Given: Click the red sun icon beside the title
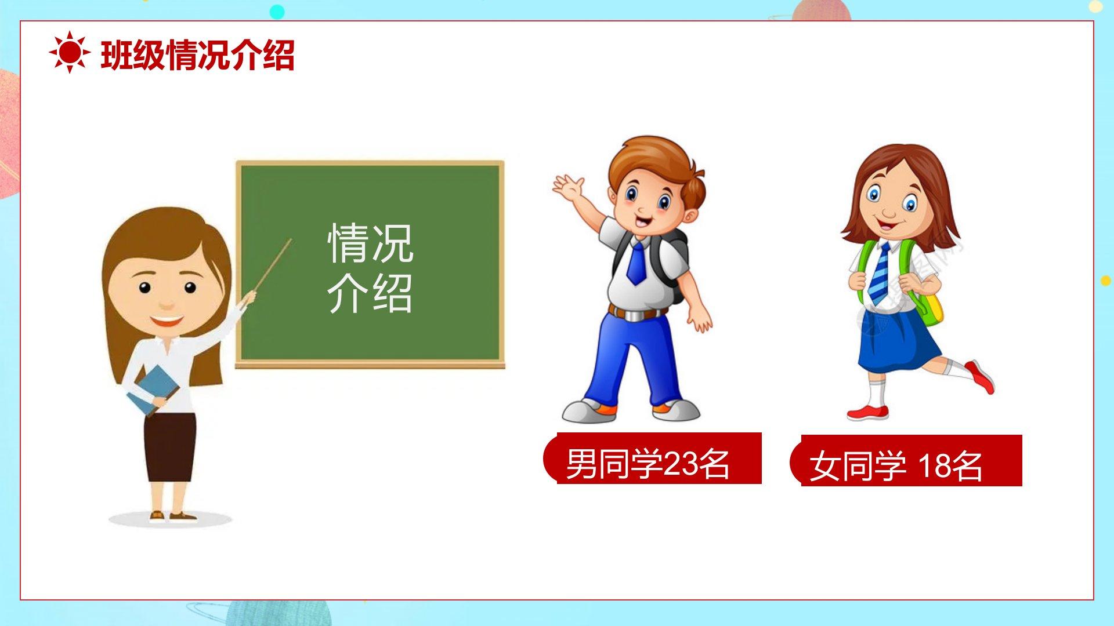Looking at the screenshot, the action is click(70, 53).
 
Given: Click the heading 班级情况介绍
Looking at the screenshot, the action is click(198, 55).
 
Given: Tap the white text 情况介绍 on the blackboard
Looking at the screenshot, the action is click(370, 268).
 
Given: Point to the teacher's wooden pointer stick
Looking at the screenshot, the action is click(272, 265).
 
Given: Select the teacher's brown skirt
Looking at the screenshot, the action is click(170, 447).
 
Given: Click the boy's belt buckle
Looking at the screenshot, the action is click(636, 315).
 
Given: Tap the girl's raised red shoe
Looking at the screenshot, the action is click(981, 377).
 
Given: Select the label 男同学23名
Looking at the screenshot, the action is click(647, 463).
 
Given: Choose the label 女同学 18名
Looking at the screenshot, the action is click(895, 465).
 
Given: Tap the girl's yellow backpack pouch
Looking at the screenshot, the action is click(931, 310).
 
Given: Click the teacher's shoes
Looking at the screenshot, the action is click(173, 516).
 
